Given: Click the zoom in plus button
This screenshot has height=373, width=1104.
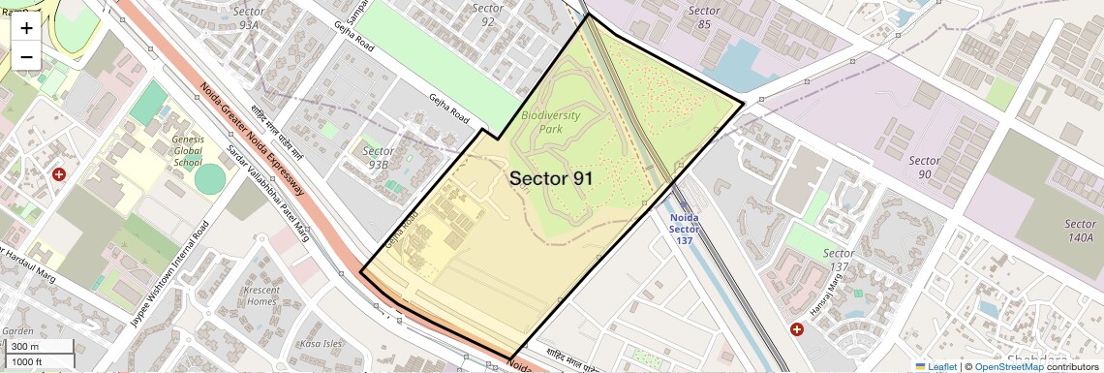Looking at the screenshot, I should point(26,27).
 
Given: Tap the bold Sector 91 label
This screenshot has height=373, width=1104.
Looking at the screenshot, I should point(551,178).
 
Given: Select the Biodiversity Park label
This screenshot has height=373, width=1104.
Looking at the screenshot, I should point(550,121).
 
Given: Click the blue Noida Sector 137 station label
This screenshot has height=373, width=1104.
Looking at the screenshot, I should point(685,229).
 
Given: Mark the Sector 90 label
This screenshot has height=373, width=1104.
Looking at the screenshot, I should point(924,167).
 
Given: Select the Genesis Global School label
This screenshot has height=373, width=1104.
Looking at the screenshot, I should point(188,151).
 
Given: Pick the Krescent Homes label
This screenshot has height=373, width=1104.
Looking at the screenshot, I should point(261,295).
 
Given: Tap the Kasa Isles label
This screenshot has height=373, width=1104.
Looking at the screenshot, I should point(322,344).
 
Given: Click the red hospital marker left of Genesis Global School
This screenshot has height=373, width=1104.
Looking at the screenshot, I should point(59,174).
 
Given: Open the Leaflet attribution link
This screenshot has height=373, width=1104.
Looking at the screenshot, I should point(935,366).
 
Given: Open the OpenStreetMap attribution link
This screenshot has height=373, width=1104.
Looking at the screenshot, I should point(1008,366).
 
